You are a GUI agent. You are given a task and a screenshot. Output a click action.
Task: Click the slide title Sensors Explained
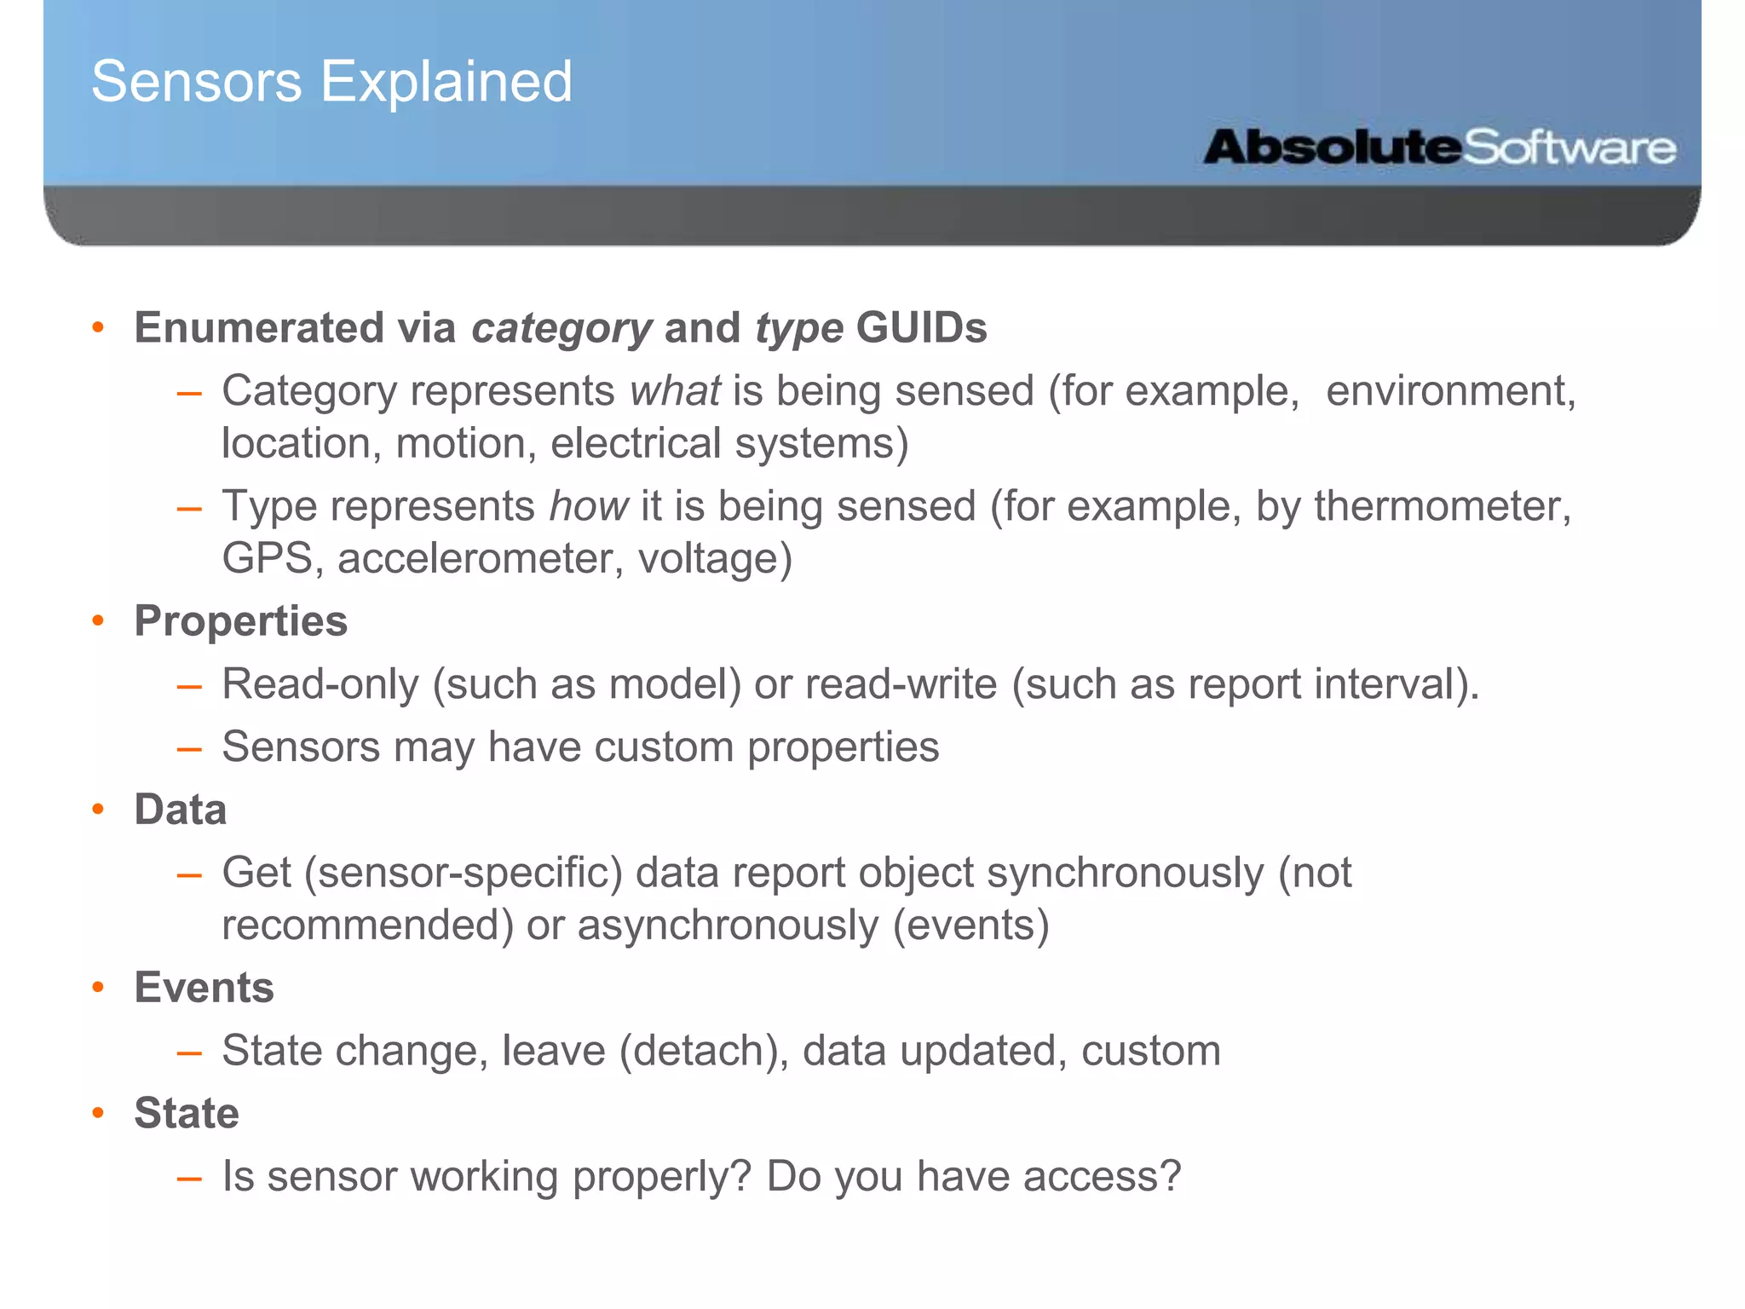pos(331,82)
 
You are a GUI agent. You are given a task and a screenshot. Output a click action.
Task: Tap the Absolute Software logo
pos(1439,147)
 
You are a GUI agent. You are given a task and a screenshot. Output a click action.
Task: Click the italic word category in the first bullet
pos(562,329)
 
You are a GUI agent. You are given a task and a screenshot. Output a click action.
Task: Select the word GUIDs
pos(921,328)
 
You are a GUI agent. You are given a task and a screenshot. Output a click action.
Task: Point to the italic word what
pos(675,391)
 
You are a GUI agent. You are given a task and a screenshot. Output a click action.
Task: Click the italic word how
pos(589,506)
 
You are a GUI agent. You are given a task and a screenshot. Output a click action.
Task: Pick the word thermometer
pos(1439,506)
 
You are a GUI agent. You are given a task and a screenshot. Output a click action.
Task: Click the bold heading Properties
pos(241,620)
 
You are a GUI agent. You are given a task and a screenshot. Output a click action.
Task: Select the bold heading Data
pos(181,810)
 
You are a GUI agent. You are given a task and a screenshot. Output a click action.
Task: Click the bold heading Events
pos(204,988)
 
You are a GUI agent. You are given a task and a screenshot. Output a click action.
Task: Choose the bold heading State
pos(187,1113)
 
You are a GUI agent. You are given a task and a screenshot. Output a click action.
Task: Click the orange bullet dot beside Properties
pos(99,620)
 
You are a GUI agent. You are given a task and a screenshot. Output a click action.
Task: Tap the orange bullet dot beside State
pos(99,1113)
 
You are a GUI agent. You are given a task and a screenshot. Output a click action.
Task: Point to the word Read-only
pos(320,684)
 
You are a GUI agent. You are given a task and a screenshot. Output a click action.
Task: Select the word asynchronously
pos(728,926)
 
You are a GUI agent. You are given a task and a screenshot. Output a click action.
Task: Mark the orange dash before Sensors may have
pos(189,748)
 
